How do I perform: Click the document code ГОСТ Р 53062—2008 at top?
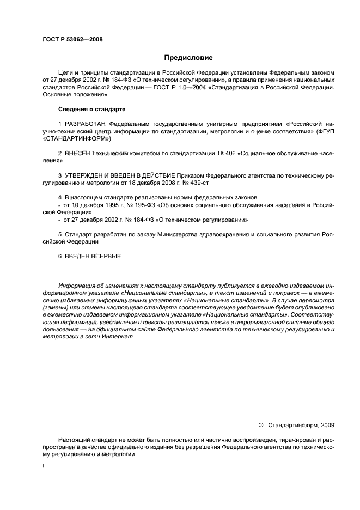point(72,39)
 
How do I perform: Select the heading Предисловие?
point(188,57)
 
